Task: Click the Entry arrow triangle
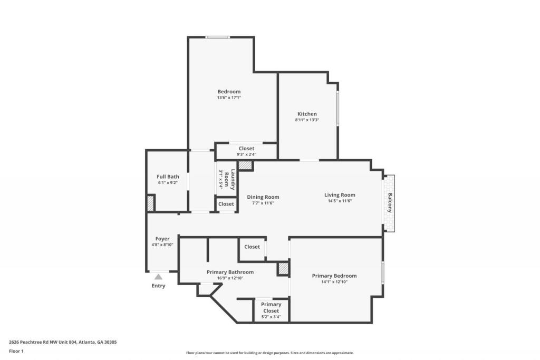[158, 277]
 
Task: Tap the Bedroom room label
[229, 92]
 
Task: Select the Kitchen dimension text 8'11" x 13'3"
[307, 120]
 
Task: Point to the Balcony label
[390, 203]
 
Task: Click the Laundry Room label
[230, 179]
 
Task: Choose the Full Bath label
[168, 177]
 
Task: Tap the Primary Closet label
[271, 308]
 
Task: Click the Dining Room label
[263, 197]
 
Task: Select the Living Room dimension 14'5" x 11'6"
[340, 201]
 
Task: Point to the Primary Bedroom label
[334, 276]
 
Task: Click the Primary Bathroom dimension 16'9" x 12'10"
[230, 278]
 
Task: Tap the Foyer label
[162, 239]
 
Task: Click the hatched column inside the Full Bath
[150, 203]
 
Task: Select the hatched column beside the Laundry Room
[245, 166]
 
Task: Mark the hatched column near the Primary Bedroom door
[283, 268]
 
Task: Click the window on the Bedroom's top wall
[218, 37]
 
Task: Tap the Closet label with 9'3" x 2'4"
[247, 149]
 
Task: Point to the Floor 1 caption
[16, 352]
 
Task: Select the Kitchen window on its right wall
[338, 108]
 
